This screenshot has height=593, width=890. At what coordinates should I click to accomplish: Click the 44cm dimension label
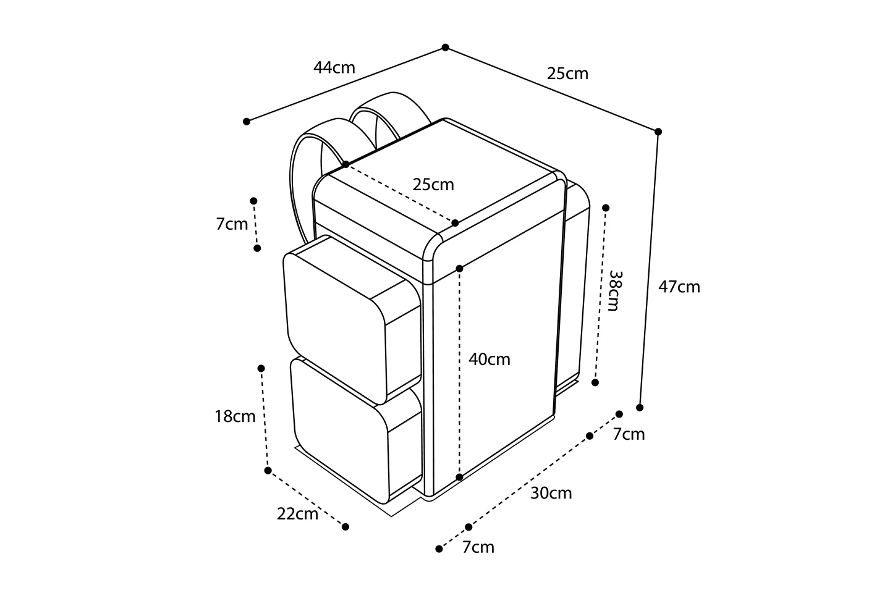pos(334,67)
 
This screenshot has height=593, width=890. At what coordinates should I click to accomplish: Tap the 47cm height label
pos(679,287)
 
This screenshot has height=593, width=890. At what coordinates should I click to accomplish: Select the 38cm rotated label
pos(614,291)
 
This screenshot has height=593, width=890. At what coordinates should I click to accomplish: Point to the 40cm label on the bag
pos(489,359)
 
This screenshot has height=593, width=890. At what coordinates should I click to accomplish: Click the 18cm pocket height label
pos(235,416)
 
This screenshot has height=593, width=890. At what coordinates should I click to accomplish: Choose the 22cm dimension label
pos(298,514)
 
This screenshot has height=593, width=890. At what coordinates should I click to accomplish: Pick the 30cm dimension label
pos(551,493)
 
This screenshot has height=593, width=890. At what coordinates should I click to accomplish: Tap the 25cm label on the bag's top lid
pos(433,185)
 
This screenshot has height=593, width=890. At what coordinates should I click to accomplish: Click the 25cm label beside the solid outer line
pos(567,74)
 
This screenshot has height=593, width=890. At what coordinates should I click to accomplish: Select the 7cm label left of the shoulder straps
pos(232,224)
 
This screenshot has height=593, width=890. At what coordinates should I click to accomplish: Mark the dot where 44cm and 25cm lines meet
pos(446,48)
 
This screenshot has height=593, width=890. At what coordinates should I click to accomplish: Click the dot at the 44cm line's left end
pos(247,121)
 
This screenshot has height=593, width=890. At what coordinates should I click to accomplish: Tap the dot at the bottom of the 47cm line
pos(640,408)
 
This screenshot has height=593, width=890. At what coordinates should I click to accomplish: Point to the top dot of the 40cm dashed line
pos(460,269)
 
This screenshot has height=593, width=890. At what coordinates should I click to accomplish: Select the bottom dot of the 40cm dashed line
pos(460,477)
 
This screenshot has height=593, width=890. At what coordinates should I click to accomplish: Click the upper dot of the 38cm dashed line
pos(606,208)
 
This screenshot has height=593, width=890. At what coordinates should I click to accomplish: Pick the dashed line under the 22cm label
pos(307,498)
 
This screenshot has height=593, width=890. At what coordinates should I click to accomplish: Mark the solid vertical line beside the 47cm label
pos(649,269)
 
